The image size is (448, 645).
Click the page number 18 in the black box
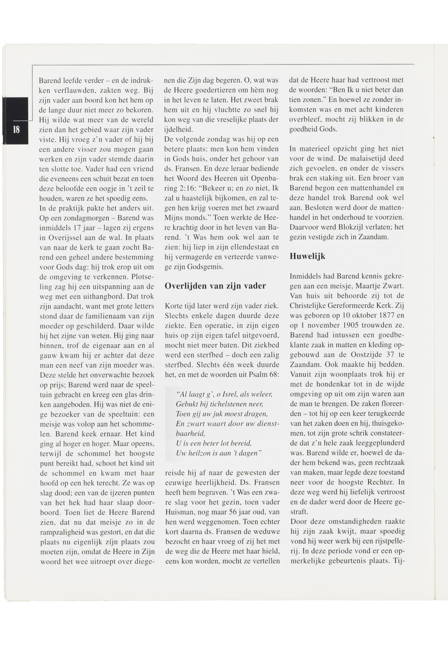(16, 129)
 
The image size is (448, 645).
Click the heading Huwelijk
(307, 256)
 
